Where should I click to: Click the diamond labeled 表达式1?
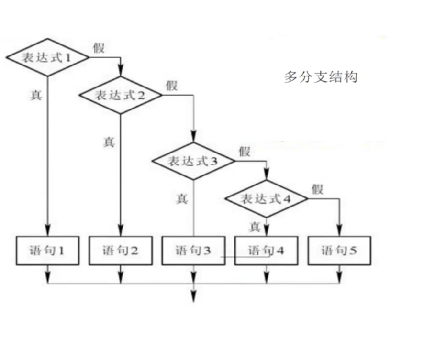pyautogui.click(x=47, y=57)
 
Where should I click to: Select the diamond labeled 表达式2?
pyautogui.click(x=121, y=95)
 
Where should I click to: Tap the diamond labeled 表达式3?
pyautogui.click(x=193, y=161)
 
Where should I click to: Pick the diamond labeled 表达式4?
pyautogui.click(x=267, y=198)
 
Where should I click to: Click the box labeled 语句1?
pyautogui.click(x=47, y=250)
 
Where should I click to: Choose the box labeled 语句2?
pyautogui.click(x=121, y=250)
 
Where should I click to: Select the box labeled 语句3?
pyautogui.click(x=193, y=250)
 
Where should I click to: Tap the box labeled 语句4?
pyautogui.click(x=267, y=250)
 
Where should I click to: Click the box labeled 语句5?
pyautogui.click(x=339, y=250)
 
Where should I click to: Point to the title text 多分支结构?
pyautogui.click(x=321, y=76)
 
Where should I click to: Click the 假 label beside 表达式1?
pyautogui.click(x=99, y=48)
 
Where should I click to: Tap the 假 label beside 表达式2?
pyautogui.click(x=172, y=86)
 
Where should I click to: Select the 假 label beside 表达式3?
pyautogui.click(x=245, y=152)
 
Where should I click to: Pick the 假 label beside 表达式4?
pyautogui.click(x=317, y=189)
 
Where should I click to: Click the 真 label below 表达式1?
pyautogui.click(x=36, y=95)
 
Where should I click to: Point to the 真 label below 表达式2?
pyautogui.click(x=109, y=142)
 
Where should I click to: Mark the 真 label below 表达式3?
pyautogui.click(x=182, y=198)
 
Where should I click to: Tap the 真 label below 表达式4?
pyautogui.click(x=255, y=227)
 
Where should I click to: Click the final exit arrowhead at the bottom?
pyautogui.click(x=193, y=297)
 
